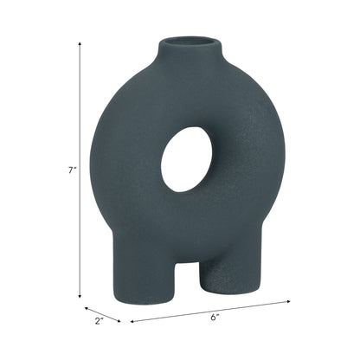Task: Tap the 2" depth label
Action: (100, 322)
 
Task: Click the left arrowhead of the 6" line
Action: (132, 320)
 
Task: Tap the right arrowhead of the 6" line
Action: (289, 302)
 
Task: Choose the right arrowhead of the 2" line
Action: (118, 319)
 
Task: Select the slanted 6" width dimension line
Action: (210, 312)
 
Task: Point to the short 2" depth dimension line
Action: (102, 312)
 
